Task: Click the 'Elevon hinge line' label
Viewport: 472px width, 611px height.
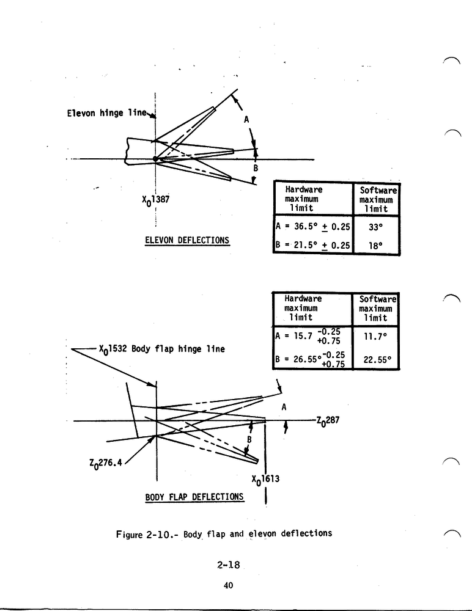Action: (106, 113)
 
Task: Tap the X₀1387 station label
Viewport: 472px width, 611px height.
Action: (156, 200)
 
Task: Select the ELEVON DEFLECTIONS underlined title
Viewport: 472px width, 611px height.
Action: (187, 240)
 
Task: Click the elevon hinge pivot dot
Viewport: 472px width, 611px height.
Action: (155, 159)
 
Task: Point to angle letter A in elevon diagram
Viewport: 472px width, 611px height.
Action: (246, 120)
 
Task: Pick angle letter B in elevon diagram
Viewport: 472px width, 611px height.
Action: (256, 169)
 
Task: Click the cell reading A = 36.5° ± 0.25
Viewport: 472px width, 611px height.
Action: (313, 227)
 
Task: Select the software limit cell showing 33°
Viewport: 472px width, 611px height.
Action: (376, 227)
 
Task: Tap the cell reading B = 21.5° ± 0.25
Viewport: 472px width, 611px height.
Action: (313, 245)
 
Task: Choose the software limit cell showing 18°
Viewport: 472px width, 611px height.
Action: (376, 246)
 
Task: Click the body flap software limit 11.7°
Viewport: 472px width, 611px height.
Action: (375, 337)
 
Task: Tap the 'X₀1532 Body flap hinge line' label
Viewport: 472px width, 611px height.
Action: (162, 349)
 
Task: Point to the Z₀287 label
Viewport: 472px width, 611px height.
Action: (328, 421)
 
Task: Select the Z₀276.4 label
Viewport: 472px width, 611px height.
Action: (106, 463)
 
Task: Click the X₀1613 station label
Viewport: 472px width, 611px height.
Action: (265, 479)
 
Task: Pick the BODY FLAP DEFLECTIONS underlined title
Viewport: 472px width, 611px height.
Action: (194, 497)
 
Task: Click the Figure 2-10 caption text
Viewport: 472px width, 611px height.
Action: (224, 534)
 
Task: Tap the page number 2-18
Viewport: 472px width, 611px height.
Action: (229, 565)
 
